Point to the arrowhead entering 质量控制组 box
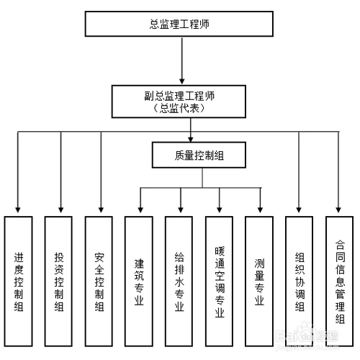[192, 140]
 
